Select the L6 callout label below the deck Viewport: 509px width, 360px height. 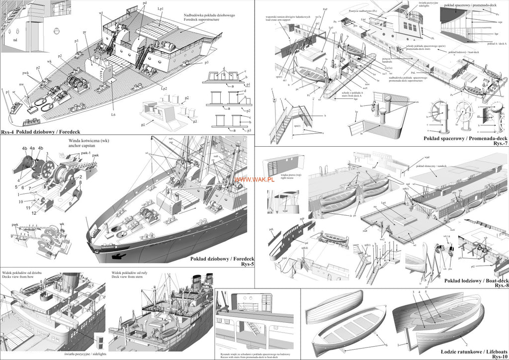(113, 115)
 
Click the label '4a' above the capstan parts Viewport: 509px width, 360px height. (32, 148)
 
